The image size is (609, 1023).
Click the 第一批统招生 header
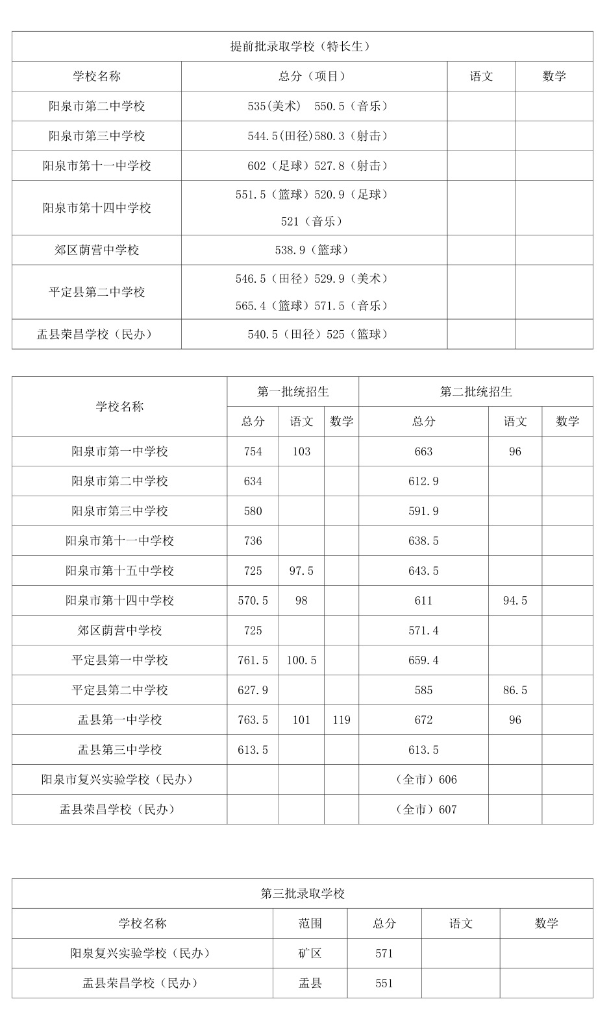click(x=293, y=391)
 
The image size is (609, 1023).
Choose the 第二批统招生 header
click(x=476, y=391)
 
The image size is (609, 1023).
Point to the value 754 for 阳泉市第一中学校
click(x=253, y=451)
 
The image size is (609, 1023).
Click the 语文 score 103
click(x=301, y=451)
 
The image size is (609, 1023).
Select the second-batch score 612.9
click(x=423, y=481)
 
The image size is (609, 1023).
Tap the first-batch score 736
click(x=253, y=540)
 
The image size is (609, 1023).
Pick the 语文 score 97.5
click(x=301, y=570)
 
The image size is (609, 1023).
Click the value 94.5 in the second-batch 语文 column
click(x=515, y=600)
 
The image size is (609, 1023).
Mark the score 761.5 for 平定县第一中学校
click(x=253, y=660)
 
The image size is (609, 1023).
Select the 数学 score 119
click(x=341, y=719)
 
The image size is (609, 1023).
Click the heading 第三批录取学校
click(x=303, y=893)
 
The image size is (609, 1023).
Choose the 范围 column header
click(x=310, y=923)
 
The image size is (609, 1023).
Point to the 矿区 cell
click(x=310, y=953)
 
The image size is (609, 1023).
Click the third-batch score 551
click(x=384, y=983)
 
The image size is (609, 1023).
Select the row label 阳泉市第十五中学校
click(x=119, y=570)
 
